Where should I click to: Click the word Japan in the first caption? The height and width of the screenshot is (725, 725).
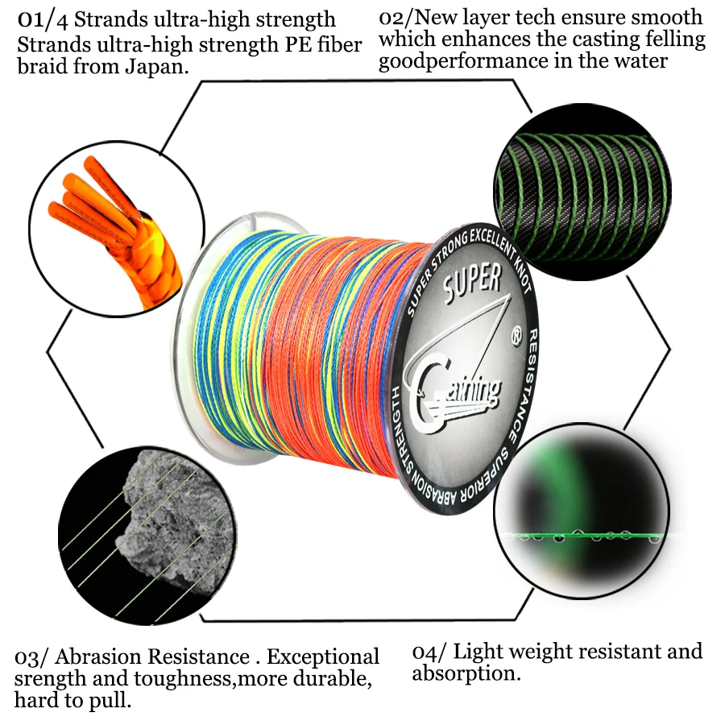(156, 66)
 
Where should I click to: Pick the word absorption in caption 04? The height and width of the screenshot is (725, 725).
(465, 673)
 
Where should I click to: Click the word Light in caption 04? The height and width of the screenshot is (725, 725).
(493, 651)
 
